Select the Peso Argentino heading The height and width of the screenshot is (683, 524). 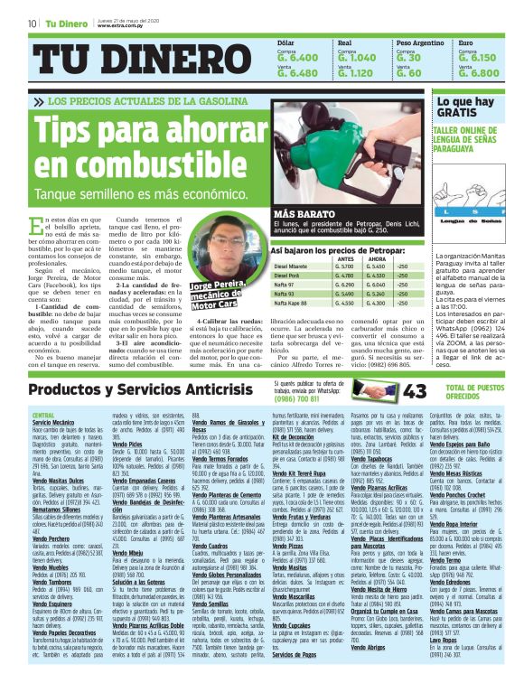[x=421, y=42]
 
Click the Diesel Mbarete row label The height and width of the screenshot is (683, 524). [x=290, y=267]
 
